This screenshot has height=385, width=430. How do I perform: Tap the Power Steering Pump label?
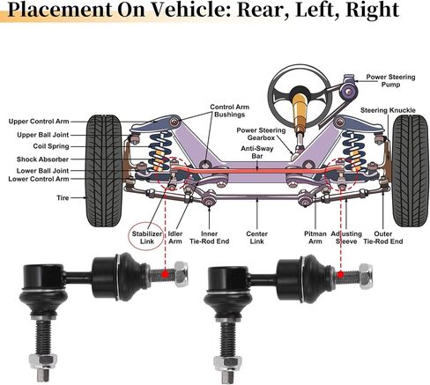[x=390, y=81]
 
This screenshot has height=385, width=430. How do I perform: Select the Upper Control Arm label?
[x=39, y=122]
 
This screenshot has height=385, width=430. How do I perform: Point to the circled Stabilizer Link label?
[x=147, y=238]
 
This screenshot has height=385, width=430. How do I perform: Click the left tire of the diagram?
[x=104, y=171]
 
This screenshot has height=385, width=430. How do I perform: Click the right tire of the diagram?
[x=411, y=171]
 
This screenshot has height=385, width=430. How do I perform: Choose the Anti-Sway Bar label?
[x=257, y=152]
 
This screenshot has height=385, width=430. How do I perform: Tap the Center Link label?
[x=257, y=238]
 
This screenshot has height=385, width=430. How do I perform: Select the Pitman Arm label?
[x=315, y=238]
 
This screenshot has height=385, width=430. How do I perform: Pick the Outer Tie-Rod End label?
[x=383, y=238]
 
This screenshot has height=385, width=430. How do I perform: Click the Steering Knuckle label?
[x=388, y=110]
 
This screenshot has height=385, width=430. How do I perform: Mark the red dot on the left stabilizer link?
[x=166, y=274]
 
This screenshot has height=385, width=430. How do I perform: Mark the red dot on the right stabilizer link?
[x=340, y=275]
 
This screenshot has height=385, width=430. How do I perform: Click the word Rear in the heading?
[x=257, y=10]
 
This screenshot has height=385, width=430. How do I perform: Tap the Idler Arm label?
[x=175, y=238]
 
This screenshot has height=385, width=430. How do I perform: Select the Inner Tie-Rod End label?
[x=210, y=238]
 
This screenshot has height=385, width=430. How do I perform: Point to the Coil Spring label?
[x=51, y=146]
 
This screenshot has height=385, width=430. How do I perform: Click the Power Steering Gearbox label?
[x=261, y=134]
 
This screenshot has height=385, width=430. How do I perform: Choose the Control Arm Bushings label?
[x=230, y=111]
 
